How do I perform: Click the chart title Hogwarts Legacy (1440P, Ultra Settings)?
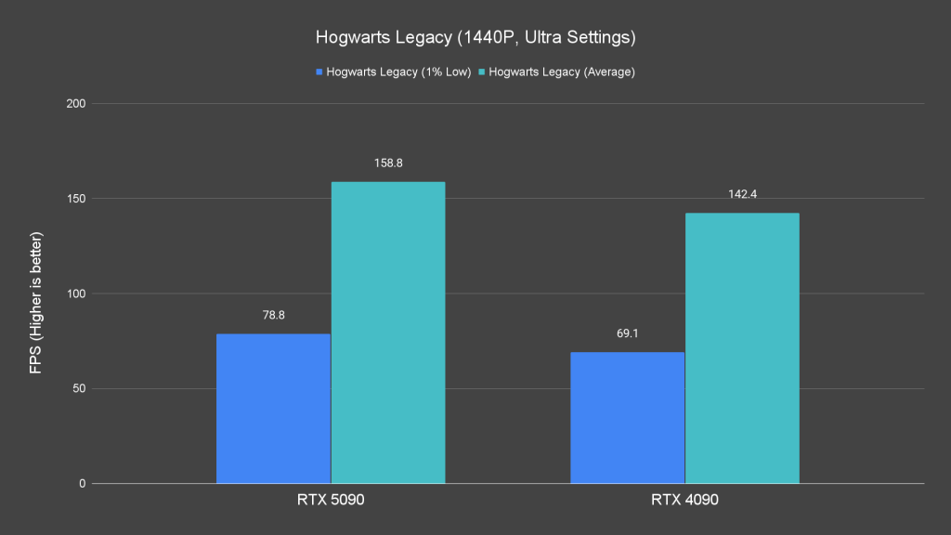(x=475, y=38)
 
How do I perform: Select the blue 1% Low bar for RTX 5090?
(x=273, y=409)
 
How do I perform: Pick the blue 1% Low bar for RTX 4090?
(x=627, y=418)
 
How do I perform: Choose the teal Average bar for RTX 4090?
(x=742, y=348)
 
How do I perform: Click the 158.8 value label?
(x=388, y=163)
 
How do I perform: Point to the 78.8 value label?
(x=273, y=315)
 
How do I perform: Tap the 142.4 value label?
(x=742, y=194)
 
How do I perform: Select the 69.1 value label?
(x=627, y=333)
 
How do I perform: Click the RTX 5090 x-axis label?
(x=331, y=501)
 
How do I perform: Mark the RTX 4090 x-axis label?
(x=684, y=501)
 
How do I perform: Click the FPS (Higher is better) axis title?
(x=36, y=294)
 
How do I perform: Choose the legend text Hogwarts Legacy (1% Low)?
(x=398, y=72)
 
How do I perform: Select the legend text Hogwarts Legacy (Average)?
(x=562, y=72)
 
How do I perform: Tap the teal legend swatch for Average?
(x=482, y=72)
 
